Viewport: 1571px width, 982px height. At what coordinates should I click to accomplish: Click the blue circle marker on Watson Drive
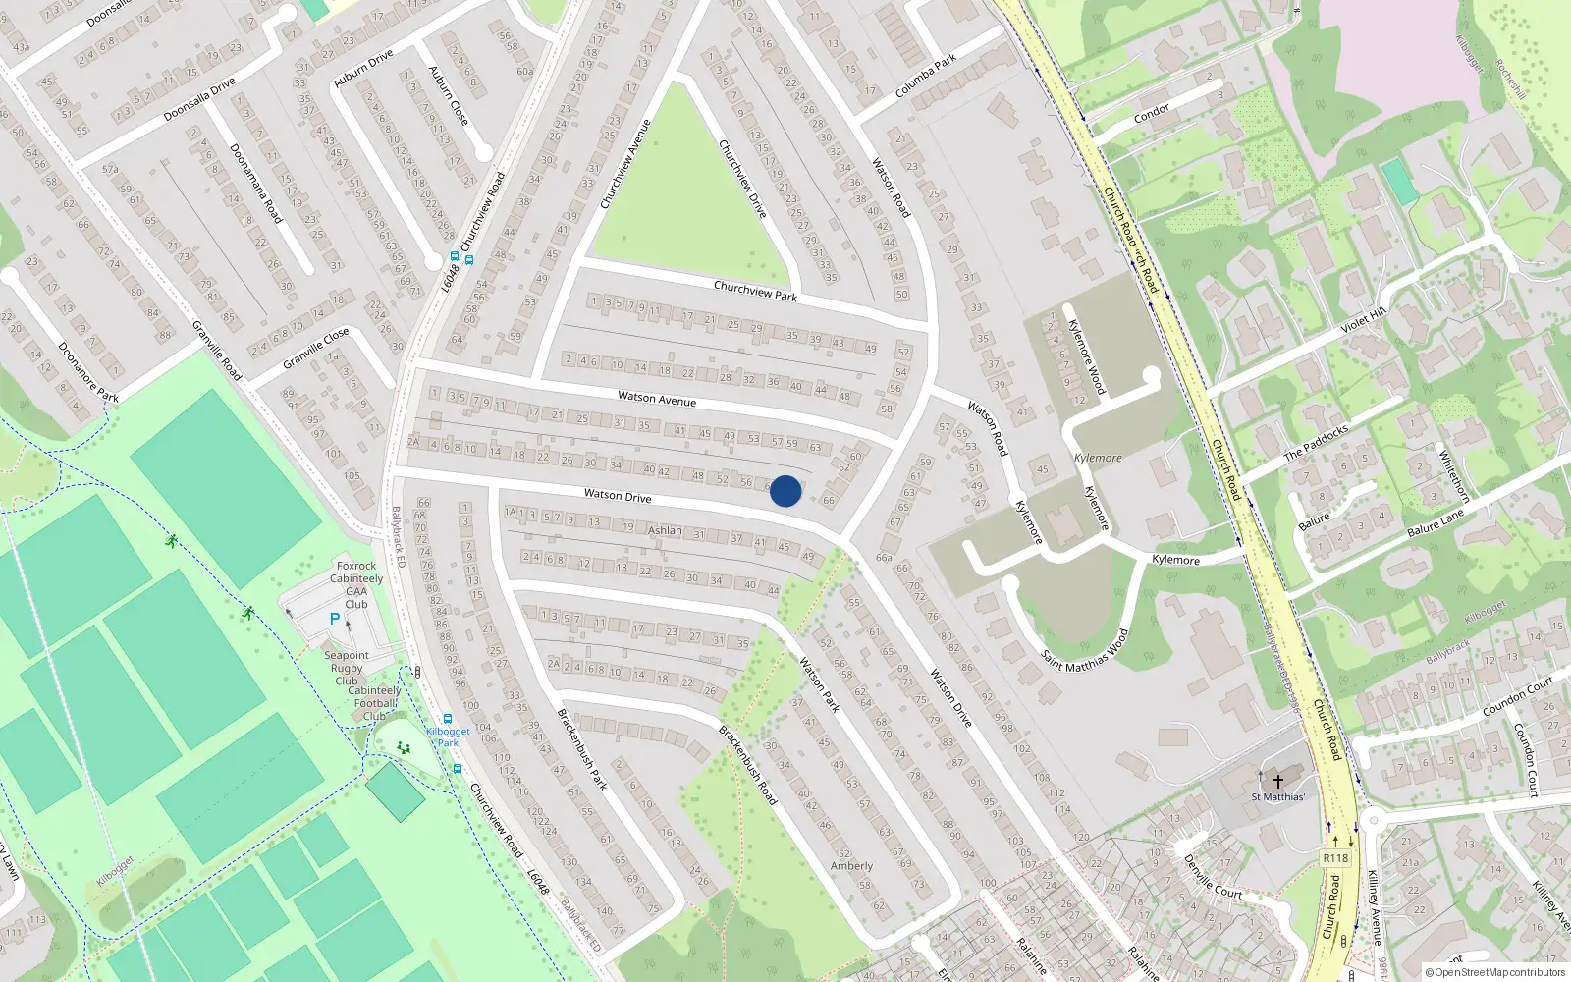coord(785,491)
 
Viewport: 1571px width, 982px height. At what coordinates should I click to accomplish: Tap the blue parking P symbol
coord(335,620)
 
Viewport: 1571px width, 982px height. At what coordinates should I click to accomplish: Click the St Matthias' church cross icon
coord(1278,781)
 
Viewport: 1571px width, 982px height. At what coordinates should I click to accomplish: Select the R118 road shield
coord(1335,857)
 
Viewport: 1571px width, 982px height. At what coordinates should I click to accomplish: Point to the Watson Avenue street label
coord(657,399)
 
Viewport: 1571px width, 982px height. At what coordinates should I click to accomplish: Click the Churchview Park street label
coord(755,291)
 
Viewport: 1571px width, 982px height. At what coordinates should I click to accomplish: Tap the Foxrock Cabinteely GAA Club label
coord(356,584)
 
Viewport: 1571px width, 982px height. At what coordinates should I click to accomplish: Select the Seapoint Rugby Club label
coord(347,668)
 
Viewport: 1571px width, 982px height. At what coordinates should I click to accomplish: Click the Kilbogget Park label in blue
coord(448,736)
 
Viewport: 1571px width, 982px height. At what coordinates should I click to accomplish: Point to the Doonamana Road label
coord(255,184)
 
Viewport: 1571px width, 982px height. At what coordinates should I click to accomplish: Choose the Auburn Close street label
coord(449,95)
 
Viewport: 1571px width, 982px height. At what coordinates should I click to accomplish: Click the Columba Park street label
coord(925,77)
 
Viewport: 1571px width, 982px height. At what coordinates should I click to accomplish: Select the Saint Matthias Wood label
coord(1085,650)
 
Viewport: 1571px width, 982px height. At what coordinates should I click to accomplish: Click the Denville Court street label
coord(1213,877)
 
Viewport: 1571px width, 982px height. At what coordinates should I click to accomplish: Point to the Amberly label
coord(851,866)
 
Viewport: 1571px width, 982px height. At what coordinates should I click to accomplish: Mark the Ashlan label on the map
coord(665,530)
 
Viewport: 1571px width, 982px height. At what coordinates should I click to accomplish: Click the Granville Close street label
coord(315,349)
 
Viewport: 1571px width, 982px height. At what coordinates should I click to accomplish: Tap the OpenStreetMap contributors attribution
coord(1494,973)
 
